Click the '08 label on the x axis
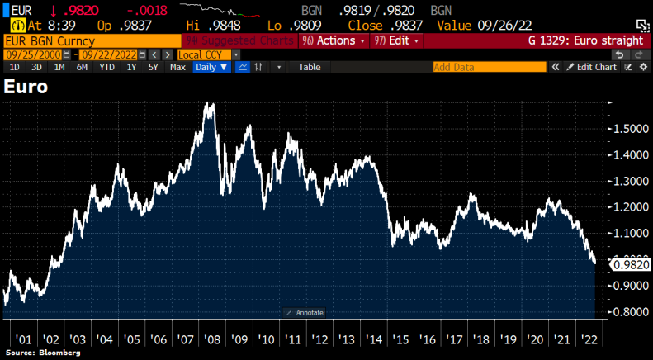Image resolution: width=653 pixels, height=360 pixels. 211,339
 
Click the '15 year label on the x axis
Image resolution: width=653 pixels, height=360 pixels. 401,339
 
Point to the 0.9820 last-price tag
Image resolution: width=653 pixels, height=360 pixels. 631,264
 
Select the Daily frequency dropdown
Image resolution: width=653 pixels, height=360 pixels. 211,67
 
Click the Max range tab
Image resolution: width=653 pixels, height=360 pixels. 177,67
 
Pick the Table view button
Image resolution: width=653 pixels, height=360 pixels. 310,67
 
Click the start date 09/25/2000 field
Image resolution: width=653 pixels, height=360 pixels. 33,54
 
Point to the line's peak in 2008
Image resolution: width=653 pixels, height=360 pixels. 206,104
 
